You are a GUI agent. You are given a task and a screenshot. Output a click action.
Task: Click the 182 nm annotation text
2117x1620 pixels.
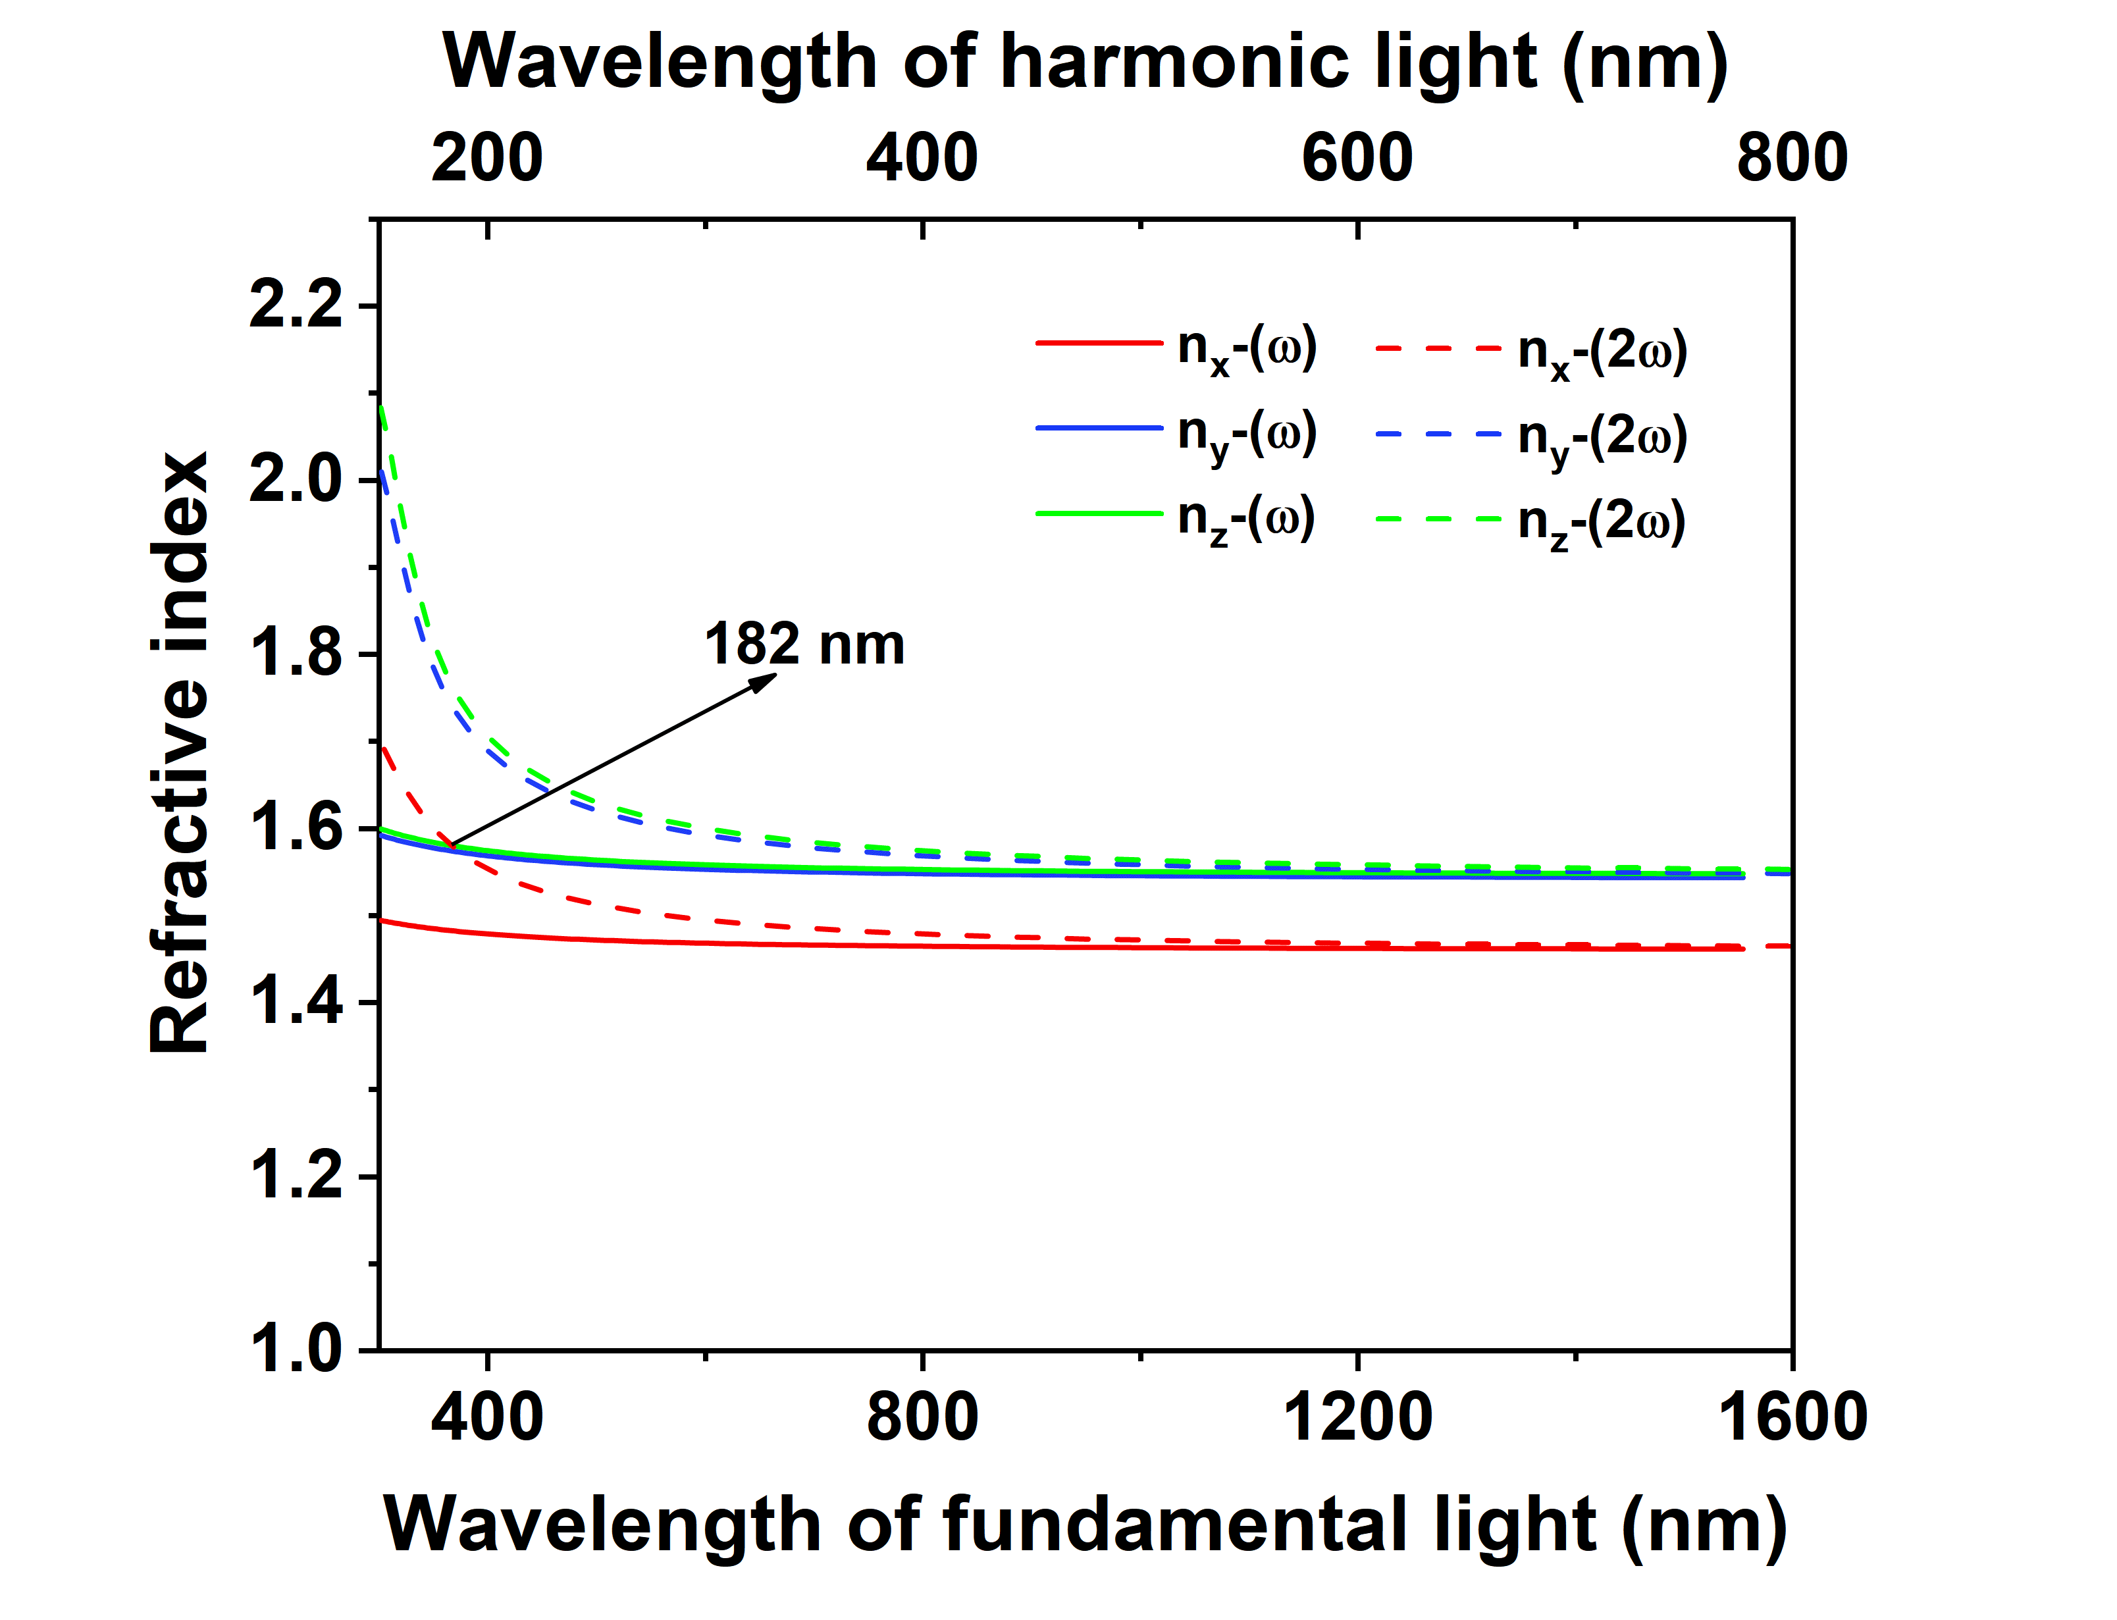click(804, 644)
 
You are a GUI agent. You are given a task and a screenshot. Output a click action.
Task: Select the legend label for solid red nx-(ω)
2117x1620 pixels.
click(1247, 349)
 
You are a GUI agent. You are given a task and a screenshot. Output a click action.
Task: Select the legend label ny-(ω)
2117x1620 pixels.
click(1247, 436)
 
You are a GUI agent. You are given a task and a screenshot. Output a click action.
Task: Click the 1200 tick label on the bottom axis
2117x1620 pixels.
click(1357, 1417)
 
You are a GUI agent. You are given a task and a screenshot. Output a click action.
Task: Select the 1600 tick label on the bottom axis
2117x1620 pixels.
click(1791, 1417)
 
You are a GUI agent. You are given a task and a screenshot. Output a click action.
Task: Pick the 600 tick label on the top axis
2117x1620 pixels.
click(1357, 157)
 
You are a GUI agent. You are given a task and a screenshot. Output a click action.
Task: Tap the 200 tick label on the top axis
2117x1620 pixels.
click(487, 157)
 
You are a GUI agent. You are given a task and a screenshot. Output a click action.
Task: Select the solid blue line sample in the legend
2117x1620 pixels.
click(1099, 427)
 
